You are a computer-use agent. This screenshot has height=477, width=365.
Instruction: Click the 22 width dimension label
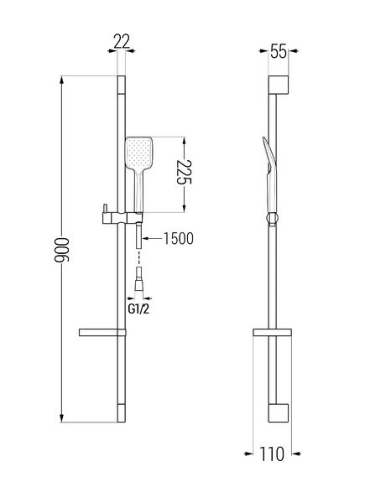point(122,41)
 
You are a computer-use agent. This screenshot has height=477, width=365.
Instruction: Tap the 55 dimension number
point(279,51)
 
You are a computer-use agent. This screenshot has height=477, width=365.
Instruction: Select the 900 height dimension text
point(62,250)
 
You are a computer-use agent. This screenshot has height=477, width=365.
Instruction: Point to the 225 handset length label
point(184,172)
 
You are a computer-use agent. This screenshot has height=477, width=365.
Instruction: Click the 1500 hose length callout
point(179,238)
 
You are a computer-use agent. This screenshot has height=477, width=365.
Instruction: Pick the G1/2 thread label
point(138,309)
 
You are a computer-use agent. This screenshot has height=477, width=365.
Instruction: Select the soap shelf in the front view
point(102,333)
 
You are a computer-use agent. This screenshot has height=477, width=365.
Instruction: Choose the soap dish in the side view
point(272,333)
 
